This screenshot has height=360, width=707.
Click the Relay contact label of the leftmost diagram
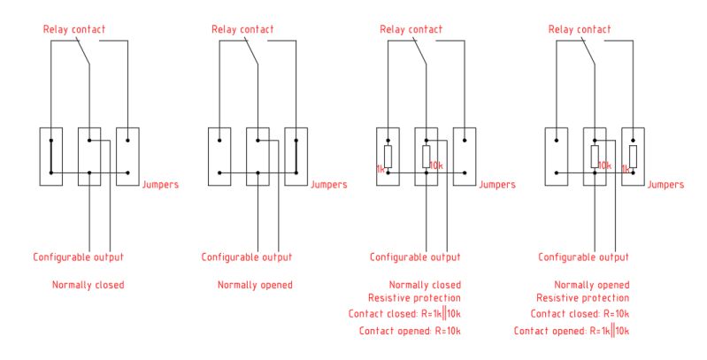[74, 29]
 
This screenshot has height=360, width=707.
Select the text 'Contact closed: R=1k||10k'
[407, 314]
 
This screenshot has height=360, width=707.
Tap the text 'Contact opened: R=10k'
[410, 330]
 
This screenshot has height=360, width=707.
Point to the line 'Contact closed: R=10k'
[580, 314]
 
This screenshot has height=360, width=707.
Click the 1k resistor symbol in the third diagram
[388, 157]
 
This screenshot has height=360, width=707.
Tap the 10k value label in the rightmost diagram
[604, 165]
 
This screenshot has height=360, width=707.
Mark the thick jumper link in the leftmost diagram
[51, 157]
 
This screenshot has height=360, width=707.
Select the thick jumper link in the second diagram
[296, 157]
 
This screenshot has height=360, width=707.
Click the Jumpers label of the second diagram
[329, 185]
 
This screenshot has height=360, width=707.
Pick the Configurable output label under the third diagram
[415, 257]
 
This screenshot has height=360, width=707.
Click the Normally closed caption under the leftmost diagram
[88, 285]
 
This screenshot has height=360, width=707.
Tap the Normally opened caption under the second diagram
[255, 285]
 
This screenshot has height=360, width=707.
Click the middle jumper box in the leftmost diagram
[89, 157]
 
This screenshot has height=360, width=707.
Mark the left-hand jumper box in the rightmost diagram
[556, 157]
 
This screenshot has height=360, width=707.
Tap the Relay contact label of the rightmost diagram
[580, 29]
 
